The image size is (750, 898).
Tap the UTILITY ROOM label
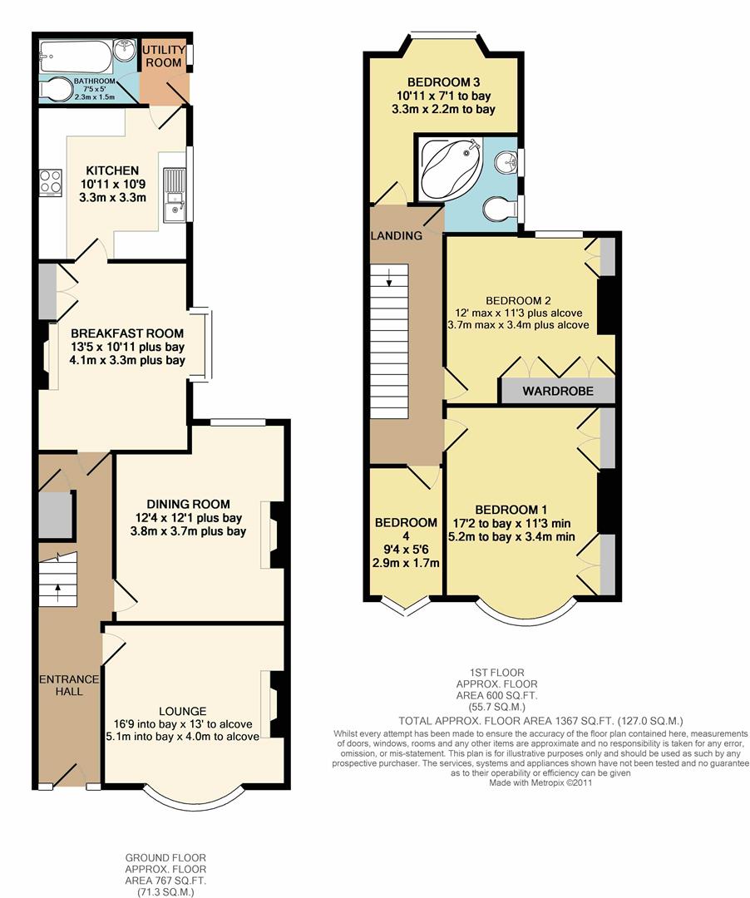(x=163, y=57)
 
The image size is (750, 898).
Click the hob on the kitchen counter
(x=49, y=181)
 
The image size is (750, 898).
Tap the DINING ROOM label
(x=188, y=504)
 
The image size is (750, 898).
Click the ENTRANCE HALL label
(x=69, y=687)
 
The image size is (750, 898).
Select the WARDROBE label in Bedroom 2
(x=557, y=391)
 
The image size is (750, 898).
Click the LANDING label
(x=397, y=236)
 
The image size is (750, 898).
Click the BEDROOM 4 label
(x=406, y=523)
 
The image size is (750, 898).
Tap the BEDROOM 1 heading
(x=511, y=510)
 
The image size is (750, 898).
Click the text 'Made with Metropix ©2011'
(x=540, y=782)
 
